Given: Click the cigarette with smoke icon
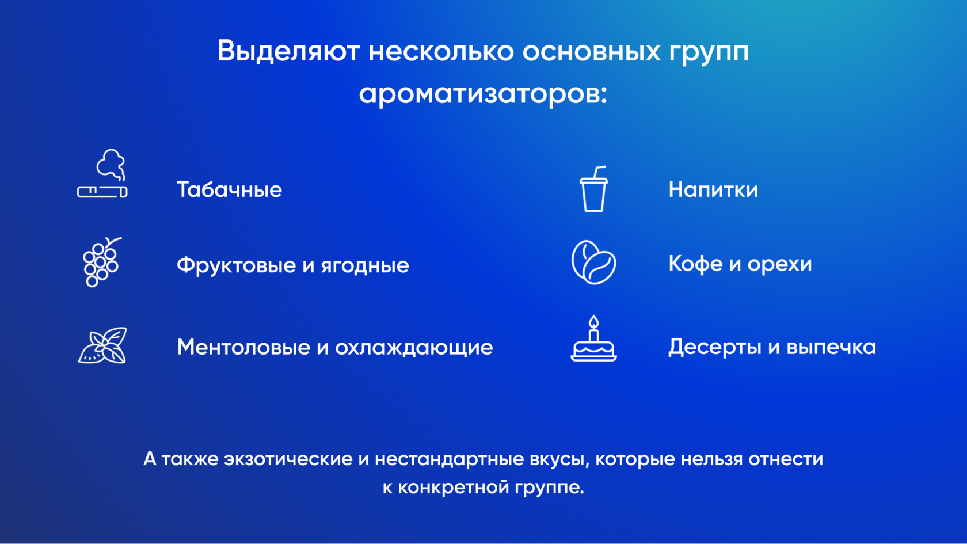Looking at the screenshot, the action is (x=102, y=174).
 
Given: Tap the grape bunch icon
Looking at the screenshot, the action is (x=102, y=261).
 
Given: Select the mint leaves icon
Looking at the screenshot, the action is (x=102, y=345).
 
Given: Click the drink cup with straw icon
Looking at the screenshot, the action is (x=593, y=189).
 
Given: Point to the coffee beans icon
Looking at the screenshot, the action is (x=593, y=262).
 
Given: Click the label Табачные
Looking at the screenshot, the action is (x=229, y=189).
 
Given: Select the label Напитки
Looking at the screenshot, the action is (x=713, y=189).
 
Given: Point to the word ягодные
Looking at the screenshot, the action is (x=365, y=265).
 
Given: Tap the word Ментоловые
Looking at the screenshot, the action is (x=243, y=347).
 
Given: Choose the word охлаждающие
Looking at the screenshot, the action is (x=414, y=348).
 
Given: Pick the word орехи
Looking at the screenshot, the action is (x=779, y=264).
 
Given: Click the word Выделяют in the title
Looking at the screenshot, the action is (x=288, y=51).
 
